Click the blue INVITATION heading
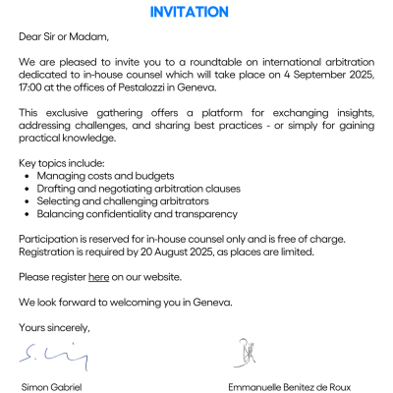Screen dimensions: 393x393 coord(190,12)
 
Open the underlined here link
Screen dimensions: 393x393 coord(98,277)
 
